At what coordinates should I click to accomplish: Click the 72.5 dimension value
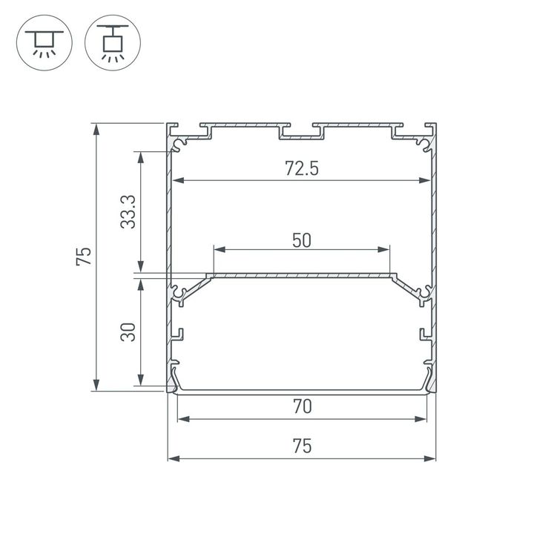[301, 168]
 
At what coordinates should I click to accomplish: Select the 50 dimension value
[301, 240]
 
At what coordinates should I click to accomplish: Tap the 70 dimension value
[301, 406]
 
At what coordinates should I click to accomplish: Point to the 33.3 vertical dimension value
[128, 211]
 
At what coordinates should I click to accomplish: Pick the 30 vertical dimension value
[128, 331]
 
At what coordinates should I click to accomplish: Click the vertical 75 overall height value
[83, 256]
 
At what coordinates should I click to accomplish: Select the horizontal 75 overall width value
[301, 446]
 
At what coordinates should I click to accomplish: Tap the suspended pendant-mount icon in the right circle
[113, 44]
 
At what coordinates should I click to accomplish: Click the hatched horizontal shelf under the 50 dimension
[301, 276]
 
